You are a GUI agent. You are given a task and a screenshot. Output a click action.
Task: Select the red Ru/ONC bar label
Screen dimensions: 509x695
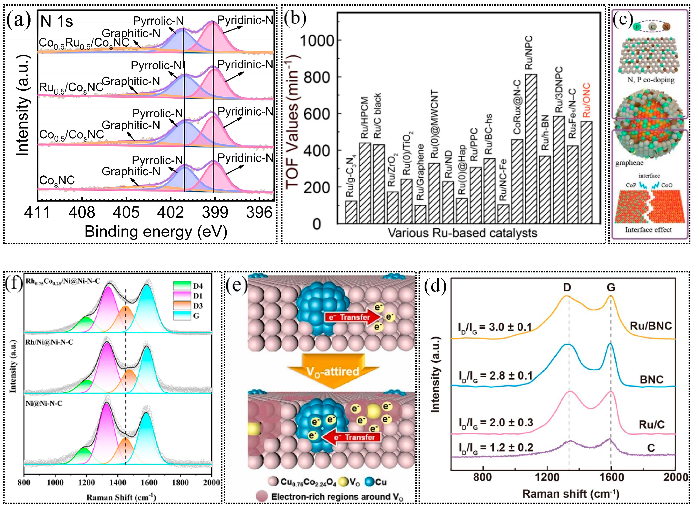point(586,100)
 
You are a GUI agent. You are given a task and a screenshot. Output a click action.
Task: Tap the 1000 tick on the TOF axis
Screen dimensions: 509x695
point(317,40)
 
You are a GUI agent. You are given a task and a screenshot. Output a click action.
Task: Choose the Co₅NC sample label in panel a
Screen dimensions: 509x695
point(57,180)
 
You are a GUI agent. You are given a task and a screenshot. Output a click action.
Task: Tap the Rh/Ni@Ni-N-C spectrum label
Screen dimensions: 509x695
point(49,342)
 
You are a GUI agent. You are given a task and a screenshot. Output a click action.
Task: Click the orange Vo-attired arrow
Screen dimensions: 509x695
point(333,371)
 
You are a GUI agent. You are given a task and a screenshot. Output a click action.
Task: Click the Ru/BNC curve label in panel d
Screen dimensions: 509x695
point(651,326)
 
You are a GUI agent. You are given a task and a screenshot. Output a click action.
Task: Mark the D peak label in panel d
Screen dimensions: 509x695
point(567,287)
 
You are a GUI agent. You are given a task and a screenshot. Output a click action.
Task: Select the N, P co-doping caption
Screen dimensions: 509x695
point(651,80)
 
